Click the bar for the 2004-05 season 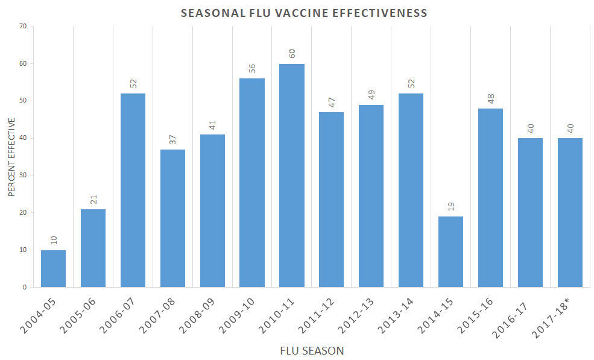click(x=53, y=268)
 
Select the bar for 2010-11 click(x=292, y=175)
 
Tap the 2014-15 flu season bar click(x=450, y=251)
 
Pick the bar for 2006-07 click(x=133, y=190)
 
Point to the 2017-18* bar click(x=570, y=212)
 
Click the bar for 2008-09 click(x=212, y=210)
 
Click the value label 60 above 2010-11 click(x=292, y=53)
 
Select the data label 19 click(x=451, y=206)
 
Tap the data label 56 click(x=252, y=68)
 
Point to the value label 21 click(x=93, y=198)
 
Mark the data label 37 click(x=173, y=139)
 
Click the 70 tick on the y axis click(x=23, y=26)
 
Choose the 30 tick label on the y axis click(x=23, y=175)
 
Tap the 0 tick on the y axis click(x=25, y=288)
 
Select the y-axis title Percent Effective click(x=11, y=157)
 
